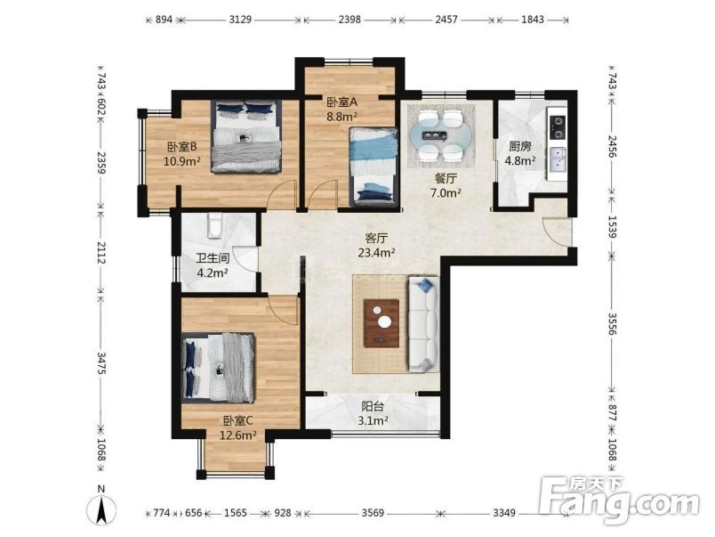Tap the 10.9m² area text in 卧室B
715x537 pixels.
[x=181, y=162]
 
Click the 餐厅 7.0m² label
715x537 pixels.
[x=446, y=185]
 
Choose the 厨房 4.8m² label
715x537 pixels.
[x=520, y=154]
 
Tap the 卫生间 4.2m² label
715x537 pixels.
[x=213, y=265]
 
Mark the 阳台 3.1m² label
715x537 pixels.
[x=374, y=413]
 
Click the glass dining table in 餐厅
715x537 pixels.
[x=440, y=134]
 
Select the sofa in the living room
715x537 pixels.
[x=422, y=324]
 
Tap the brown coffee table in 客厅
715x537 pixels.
[x=382, y=322]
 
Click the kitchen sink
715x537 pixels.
[x=558, y=159]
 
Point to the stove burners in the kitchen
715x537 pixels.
[x=558, y=126]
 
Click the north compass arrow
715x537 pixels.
[x=102, y=509]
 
